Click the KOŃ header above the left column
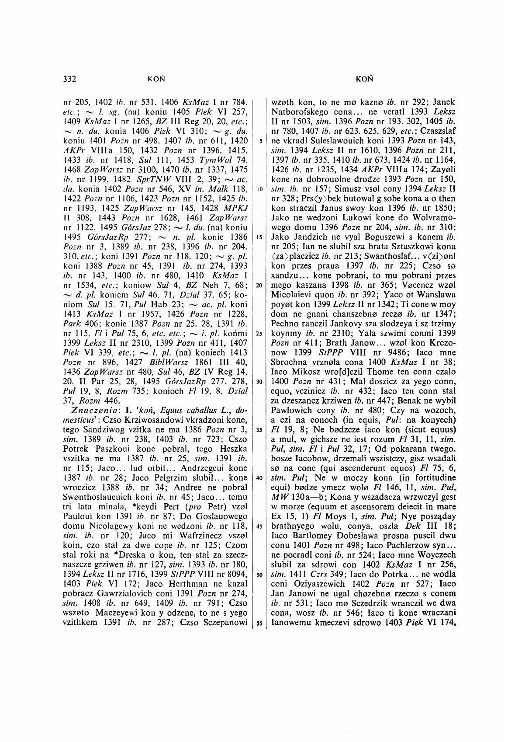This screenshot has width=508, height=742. (x=156, y=79)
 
